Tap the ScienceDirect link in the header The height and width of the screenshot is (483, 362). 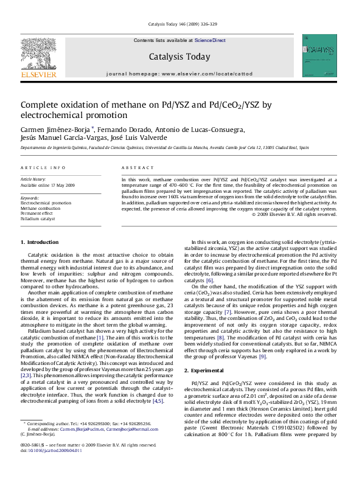210,40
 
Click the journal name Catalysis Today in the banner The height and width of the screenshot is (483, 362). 179,57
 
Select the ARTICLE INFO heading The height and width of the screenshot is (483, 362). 43,167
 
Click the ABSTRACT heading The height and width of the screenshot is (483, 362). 133,167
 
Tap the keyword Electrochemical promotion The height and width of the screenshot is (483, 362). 46,203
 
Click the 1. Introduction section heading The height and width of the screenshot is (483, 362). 40,243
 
